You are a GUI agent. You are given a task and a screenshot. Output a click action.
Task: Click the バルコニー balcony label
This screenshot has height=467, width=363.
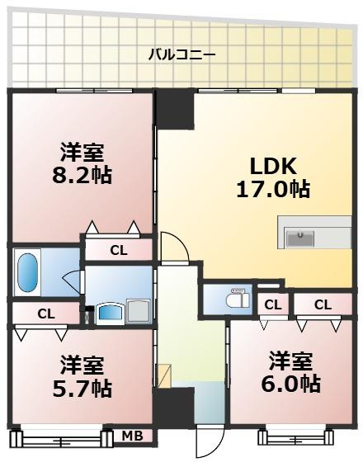[181, 55]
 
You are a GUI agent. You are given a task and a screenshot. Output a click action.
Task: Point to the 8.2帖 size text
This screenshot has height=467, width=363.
[82, 175]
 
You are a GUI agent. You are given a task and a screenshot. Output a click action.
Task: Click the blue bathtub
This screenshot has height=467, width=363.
[27, 272]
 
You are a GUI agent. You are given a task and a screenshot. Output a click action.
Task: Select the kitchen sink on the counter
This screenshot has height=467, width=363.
[300, 238]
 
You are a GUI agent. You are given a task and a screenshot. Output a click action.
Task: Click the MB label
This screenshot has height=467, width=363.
[131, 435]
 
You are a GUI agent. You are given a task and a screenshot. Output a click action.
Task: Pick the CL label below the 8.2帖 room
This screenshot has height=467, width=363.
[118, 250]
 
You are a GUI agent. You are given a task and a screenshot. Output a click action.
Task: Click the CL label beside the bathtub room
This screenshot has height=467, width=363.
[45, 314]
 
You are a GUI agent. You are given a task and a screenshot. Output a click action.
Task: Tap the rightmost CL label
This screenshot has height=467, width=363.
[322, 305]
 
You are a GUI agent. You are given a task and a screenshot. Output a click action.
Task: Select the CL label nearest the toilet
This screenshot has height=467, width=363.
[271, 305]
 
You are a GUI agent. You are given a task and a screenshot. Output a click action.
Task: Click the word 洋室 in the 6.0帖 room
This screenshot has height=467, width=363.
[290, 361]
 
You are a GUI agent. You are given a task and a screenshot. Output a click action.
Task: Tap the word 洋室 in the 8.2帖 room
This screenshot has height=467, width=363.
[82, 152]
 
